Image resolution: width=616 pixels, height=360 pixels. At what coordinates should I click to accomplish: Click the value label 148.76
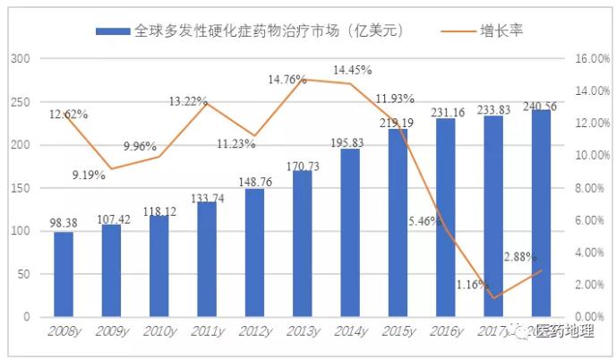click(x=255, y=181)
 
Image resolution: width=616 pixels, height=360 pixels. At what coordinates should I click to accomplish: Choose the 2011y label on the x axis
click(x=205, y=330)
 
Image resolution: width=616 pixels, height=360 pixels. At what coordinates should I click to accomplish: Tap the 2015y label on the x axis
click(x=398, y=330)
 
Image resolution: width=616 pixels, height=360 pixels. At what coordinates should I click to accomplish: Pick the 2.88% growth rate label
click(x=520, y=257)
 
